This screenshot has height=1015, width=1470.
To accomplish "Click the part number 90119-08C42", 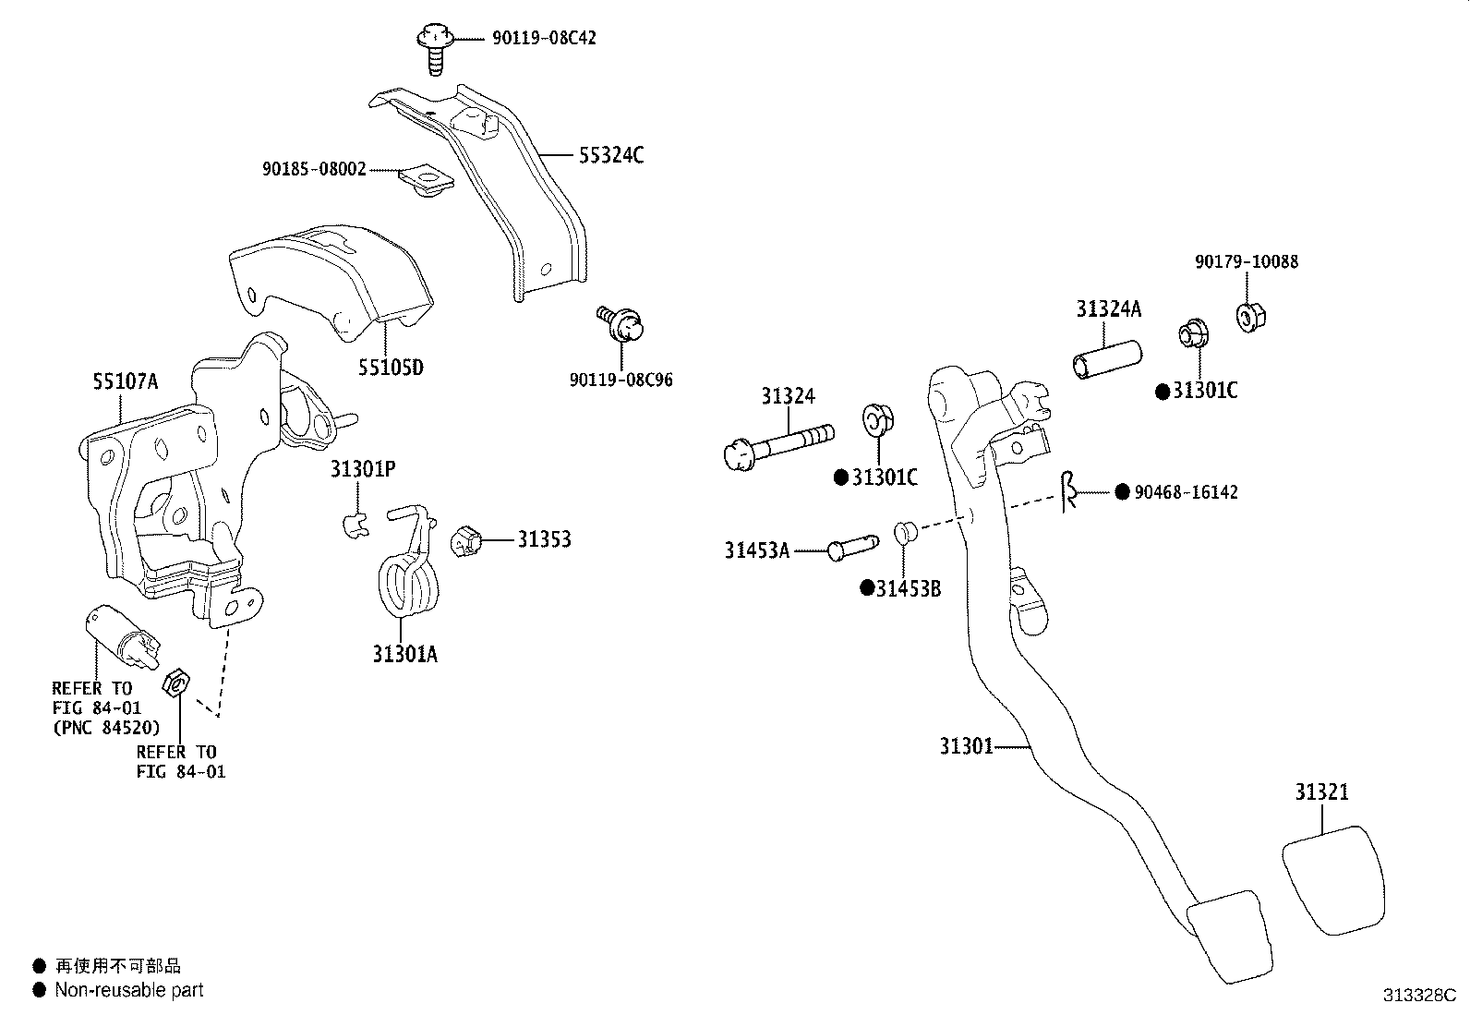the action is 544,38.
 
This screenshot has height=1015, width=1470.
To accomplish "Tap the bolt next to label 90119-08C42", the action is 434,49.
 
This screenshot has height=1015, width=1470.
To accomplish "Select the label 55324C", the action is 611,155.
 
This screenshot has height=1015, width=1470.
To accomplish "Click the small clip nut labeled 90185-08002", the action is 428,179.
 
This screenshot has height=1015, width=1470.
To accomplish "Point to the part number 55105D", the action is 391,368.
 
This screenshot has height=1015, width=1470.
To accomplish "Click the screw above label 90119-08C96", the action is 621,323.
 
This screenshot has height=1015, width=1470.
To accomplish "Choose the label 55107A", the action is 126,381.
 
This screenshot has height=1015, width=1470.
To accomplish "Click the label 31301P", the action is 362,469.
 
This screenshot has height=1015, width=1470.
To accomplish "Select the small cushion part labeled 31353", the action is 466,541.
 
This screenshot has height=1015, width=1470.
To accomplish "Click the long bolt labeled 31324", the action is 778,446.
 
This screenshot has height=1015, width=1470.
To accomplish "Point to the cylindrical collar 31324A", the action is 1107,360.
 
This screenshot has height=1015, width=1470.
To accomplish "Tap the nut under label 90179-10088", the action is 1251,317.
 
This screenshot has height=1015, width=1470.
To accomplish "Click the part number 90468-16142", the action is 1186,492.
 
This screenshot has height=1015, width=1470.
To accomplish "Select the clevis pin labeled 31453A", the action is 852,548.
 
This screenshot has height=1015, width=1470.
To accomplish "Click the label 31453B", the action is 909,589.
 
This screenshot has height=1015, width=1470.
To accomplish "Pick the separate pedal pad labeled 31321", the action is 1335,880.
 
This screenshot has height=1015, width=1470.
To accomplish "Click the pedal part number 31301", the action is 966,746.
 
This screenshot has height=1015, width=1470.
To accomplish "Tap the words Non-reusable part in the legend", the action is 129,990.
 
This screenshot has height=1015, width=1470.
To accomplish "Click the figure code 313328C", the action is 1419,996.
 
